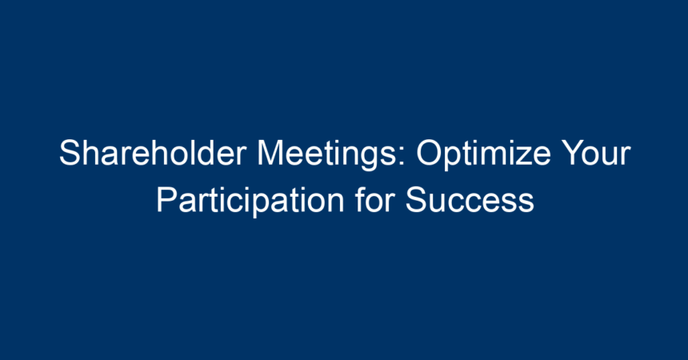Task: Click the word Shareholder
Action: [153, 153]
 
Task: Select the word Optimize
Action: [483, 154]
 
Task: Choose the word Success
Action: [470, 200]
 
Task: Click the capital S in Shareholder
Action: [70, 153]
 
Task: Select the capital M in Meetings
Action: [270, 153]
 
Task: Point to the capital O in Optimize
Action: [430, 153]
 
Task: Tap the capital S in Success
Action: [417, 200]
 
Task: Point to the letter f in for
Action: [361, 199]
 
